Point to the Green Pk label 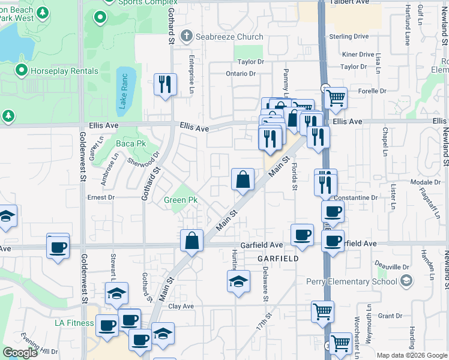point(181,200)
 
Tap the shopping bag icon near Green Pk point(242,179)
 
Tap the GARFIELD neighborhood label point(278,259)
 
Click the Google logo point(20,353)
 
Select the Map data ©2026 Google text point(412,355)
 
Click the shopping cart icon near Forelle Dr point(336,97)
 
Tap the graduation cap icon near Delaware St point(238,280)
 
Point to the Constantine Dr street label point(356,197)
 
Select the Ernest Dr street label point(100,197)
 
